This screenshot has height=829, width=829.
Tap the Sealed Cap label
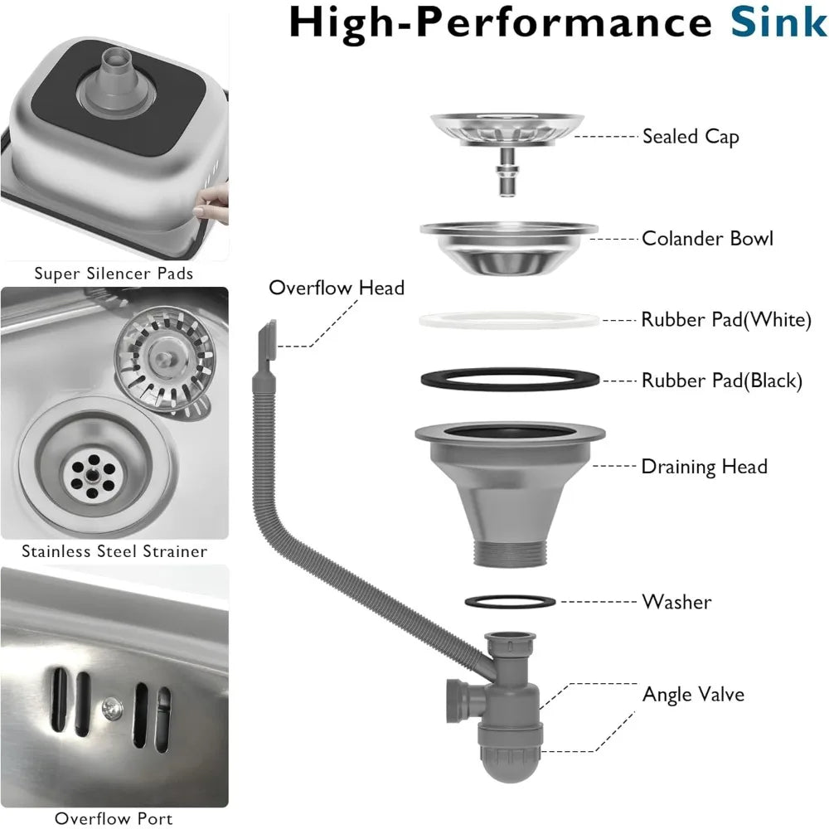(691, 137)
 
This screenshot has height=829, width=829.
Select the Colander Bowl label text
(707, 239)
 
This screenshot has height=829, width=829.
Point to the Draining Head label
(704, 467)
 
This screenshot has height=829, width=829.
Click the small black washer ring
(507, 600)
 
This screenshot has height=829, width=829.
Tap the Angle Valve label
(693, 694)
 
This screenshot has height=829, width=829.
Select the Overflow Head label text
(337, 288)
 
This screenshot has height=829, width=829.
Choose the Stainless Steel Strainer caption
(114, 550)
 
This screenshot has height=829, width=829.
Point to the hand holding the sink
(216, 201)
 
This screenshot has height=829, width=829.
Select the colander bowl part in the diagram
(507, 246)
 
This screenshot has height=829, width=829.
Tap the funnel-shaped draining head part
(507, 489)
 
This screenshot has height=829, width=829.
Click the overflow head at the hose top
(264, 340)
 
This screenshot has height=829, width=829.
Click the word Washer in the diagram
(676, 602)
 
